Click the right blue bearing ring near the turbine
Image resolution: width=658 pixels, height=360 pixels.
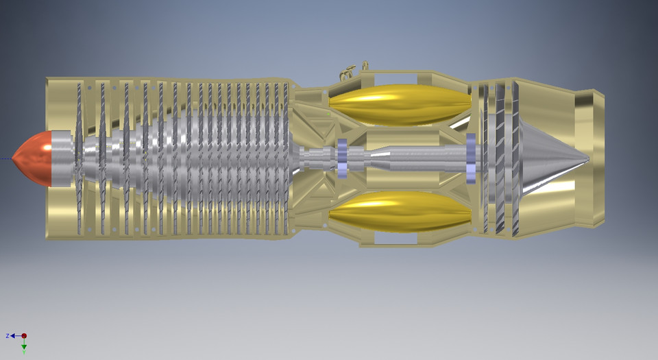point(471,158)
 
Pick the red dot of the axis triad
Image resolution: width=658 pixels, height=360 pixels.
point(24,336)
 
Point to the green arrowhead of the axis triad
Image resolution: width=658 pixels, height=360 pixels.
point(24,348)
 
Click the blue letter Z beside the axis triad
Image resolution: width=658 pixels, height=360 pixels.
point(8,336)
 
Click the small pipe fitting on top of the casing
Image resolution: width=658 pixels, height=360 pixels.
point(350,69)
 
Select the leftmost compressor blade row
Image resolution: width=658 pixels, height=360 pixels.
point(79,158)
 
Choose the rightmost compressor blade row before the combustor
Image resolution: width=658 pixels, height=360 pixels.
point(286,158)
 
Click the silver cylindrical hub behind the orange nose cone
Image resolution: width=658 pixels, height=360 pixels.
point(63,158)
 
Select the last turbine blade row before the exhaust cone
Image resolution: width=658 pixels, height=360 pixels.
point(515,158)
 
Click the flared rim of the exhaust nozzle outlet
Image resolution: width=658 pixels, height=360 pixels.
point(598,158)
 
